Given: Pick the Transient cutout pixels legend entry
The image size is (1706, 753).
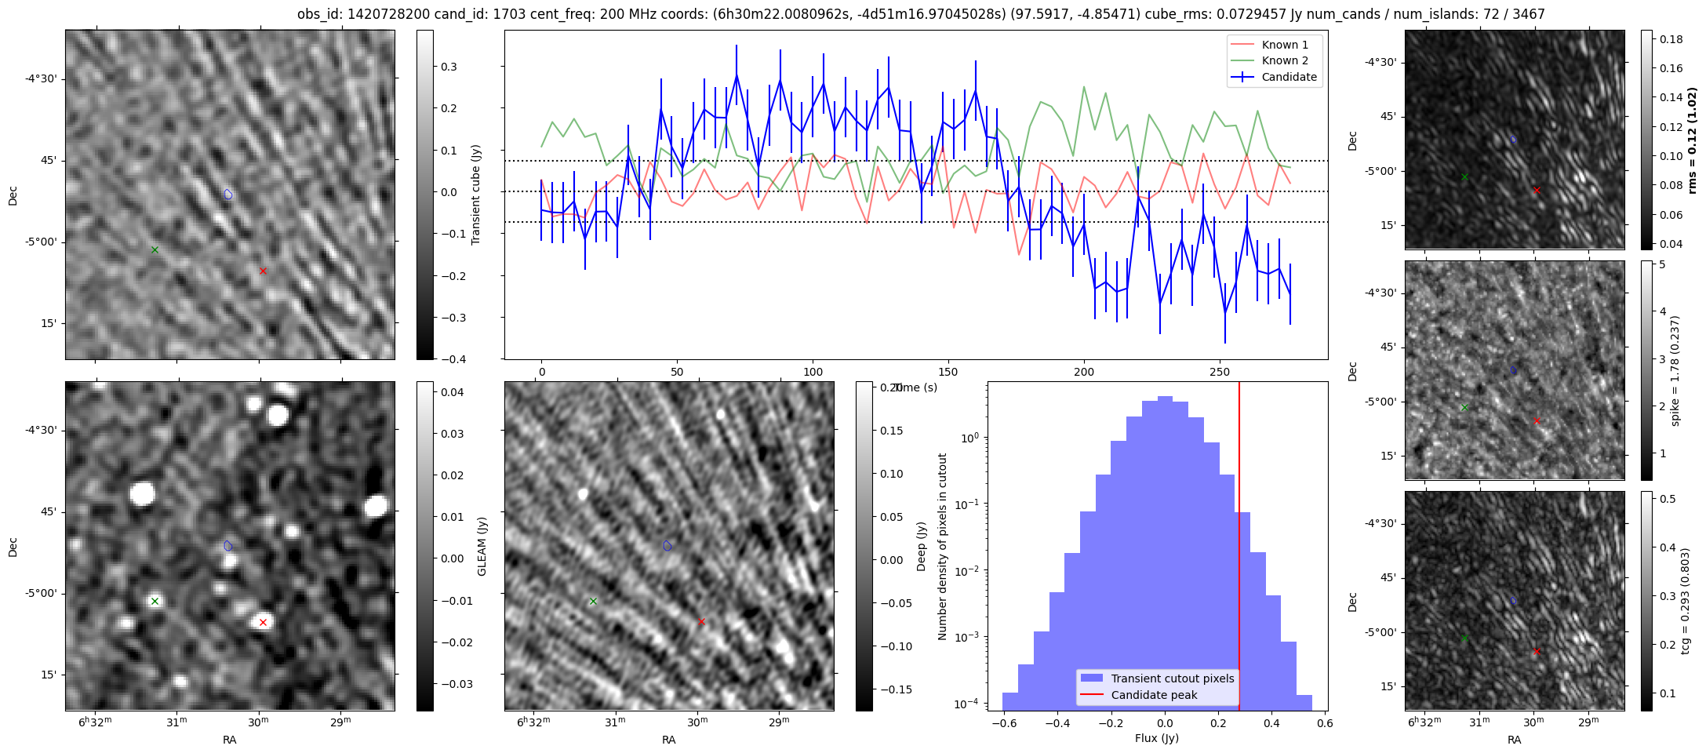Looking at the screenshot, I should click(1172, 678).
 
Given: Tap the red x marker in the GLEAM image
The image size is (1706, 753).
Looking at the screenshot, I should click(263, 623).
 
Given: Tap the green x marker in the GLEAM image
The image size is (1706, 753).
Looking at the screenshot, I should click(155, 602).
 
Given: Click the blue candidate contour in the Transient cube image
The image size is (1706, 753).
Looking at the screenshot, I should click(228, 194).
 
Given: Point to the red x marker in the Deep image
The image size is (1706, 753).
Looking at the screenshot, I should click(701, 622).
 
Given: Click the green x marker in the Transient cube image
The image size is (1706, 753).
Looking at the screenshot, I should click(155, 250).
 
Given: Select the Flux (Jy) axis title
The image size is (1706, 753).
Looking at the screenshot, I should click(1157, 738).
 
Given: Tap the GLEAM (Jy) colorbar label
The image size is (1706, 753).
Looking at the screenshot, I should click(482, 546).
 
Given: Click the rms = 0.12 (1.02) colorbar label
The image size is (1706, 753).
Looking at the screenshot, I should click(1692, 140).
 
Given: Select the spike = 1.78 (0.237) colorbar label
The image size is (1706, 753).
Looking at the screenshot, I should click(1675, 370).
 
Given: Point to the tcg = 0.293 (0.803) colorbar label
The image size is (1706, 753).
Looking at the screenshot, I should click(1685, 601).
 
